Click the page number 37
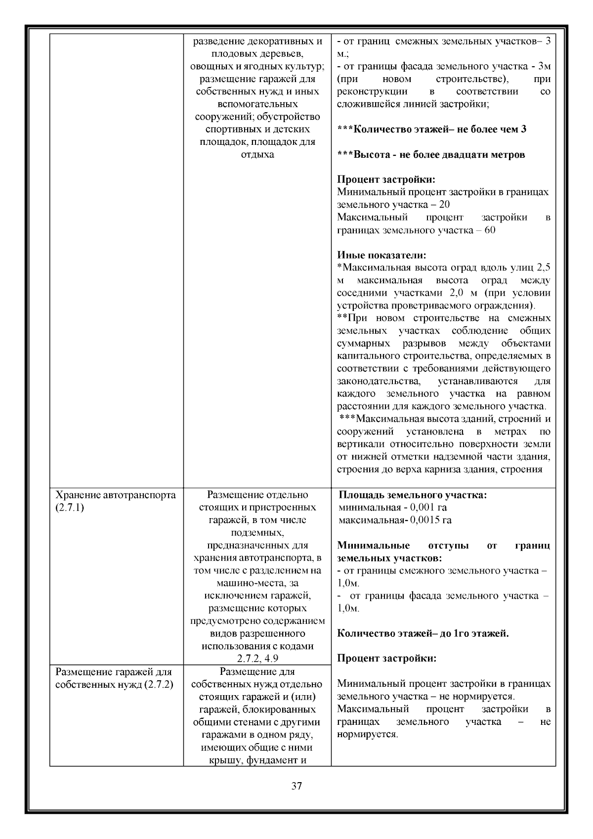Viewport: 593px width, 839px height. tap(296, 786)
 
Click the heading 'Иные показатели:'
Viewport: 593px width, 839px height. tap(381, 256)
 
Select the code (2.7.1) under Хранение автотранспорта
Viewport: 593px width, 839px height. tap(70, 507)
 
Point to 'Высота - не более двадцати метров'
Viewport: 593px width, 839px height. tap(431, 155)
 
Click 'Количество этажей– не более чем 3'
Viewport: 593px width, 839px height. tap(431, 130)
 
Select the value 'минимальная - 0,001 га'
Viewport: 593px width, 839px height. tap(393, 507)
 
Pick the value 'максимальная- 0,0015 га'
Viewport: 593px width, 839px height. tap(395, 520)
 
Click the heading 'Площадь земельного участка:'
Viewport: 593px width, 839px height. tap(413, 495)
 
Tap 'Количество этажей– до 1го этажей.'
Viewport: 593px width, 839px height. tap(423, 633)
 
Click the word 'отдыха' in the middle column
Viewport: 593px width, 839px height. tap(257, 154)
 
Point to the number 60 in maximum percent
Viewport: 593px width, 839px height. tap(490, 230)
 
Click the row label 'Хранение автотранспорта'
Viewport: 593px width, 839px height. tap(115, 495)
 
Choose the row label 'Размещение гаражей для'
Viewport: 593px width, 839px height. tap(114, 672)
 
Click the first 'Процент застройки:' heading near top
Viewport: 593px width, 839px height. tap(386, 179)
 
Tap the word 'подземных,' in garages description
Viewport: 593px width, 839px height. tap(257, 532)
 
